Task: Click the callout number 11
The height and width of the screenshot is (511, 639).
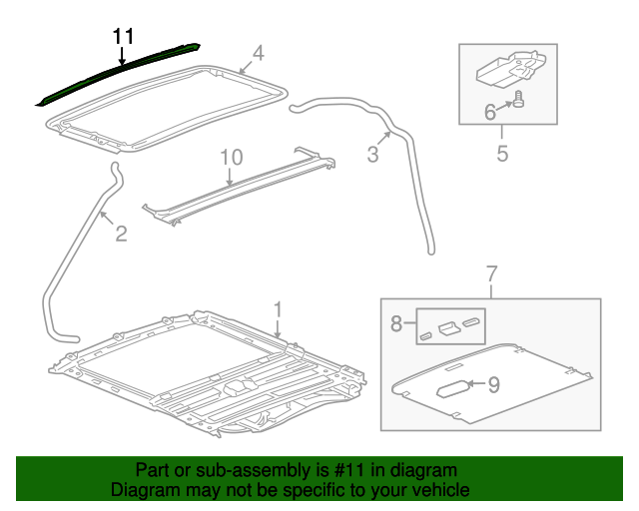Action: click(122, 36)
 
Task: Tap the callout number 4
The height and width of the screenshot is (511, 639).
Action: click(257, 53)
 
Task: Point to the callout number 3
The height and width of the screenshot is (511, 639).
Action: click(372, 154)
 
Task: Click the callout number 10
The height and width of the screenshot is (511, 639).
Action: click(231, 157)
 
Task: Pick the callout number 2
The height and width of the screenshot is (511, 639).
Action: click(120, 235)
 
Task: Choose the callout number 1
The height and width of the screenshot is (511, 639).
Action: click(279, 309)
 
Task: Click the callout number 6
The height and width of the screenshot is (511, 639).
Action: click(490, 113)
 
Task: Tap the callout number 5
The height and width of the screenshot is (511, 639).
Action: click(502, 153)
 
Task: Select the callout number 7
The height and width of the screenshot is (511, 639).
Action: click(491, 272)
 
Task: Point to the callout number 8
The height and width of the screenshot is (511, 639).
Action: click(396, 323)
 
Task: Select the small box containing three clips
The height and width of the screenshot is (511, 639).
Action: click(449, 325)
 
